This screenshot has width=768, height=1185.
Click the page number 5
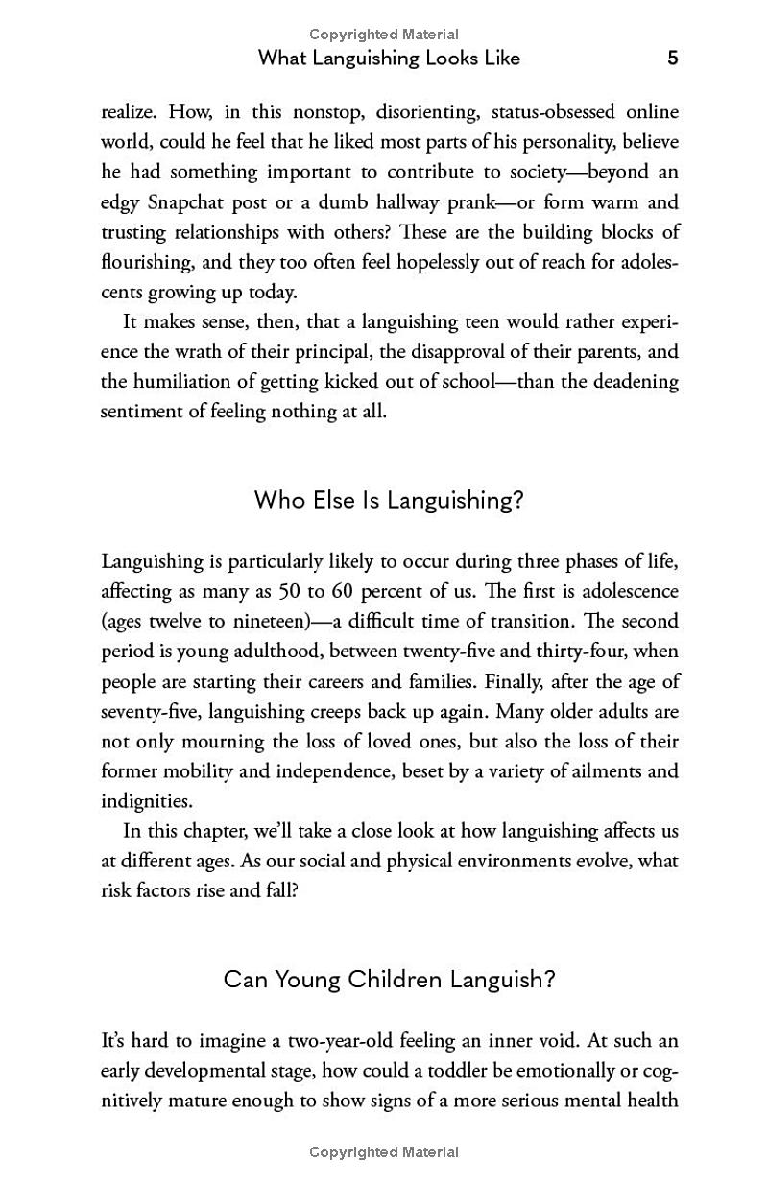[x=672, y=59]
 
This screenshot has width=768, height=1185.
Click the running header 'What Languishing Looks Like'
[x=389, y=59]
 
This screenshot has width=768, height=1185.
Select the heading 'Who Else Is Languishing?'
[x=389, y=501]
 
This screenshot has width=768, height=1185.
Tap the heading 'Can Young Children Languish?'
[x=389, y=980]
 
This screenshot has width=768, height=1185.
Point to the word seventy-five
[x=152, y=711]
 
